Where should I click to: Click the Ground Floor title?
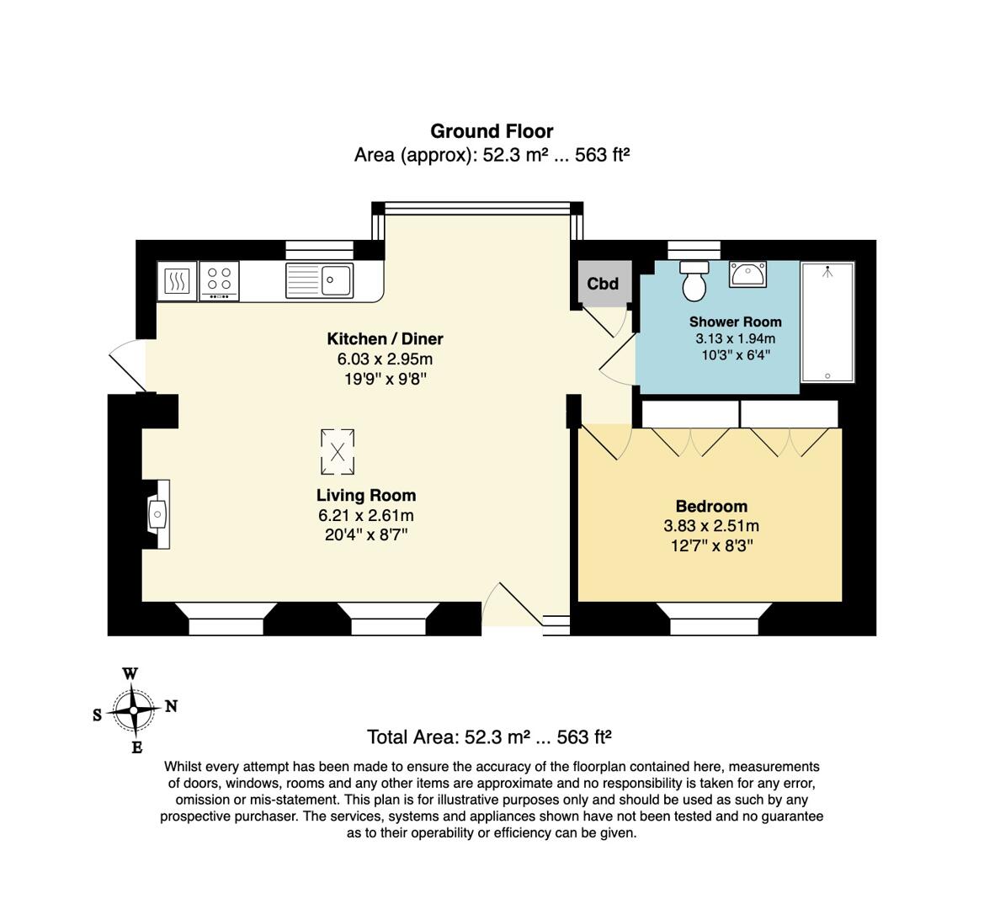(492, 131)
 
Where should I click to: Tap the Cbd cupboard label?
(603, 284)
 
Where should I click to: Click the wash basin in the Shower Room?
(747, 274)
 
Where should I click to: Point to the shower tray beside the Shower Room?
(827, 323)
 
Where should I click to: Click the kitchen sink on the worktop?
(319, 279)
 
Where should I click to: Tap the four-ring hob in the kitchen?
(220, 280)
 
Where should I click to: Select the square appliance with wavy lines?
(177, 280)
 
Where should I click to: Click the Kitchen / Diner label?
(385, 339)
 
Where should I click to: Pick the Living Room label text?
(366, 496)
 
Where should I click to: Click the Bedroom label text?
(711, 507)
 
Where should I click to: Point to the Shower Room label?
(735, 322)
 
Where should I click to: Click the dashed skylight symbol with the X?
(338, 452)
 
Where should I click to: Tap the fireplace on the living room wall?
(157, 513)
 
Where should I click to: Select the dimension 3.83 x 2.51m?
(711, 527)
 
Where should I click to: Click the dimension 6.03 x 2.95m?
(385, 359)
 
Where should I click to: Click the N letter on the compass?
(171, 707)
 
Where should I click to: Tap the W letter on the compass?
(130, 674)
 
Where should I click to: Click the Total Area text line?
(489, 737)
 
